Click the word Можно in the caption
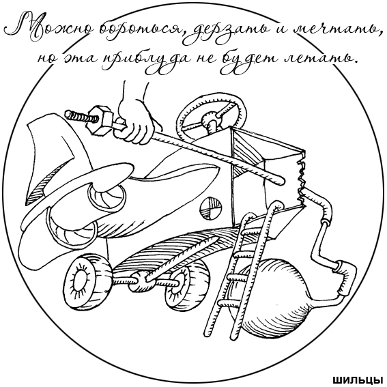(x=49, y=27)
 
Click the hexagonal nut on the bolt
(x=98, y=120)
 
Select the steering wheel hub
(x=210, y=119)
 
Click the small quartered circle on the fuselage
(x=210, y=208)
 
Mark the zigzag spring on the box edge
(x=302, y=180)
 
